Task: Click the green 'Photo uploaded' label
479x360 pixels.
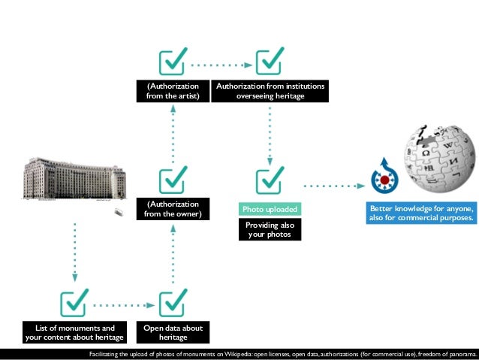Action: pos(270,209)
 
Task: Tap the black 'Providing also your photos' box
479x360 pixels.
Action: pos(270,230)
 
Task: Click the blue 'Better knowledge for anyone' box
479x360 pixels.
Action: pos(421,213)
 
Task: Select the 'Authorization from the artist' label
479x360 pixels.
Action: pos(173,92)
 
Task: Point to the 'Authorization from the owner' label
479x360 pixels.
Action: pos(173,209)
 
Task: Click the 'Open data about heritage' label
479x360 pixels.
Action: pos(173,332)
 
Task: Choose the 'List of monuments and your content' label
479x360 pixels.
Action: pos(74,332)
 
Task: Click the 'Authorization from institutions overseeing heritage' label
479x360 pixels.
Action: pos(270,92)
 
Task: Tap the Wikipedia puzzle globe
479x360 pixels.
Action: pos(437,156)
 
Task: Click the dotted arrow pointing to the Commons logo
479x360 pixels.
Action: pos(330,184)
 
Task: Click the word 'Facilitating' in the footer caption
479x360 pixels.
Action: pos(106,353)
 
